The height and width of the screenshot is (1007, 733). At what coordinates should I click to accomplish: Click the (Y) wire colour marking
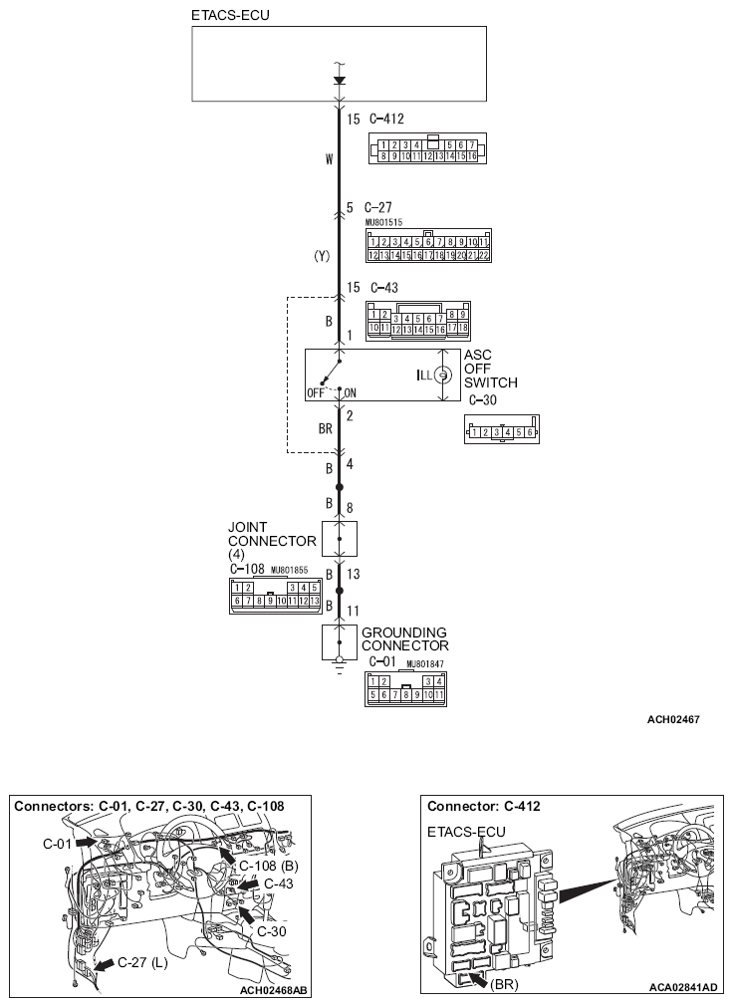point(322,255)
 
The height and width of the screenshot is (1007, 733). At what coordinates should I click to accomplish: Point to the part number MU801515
point(384,223)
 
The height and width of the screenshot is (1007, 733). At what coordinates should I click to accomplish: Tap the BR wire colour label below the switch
point(325,429)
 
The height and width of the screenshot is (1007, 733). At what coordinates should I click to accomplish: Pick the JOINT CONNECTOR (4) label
point(272,541)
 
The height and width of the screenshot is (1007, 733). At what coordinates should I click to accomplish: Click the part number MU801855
point(292,571)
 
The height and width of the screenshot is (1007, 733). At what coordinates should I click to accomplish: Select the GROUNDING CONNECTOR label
point(404,638)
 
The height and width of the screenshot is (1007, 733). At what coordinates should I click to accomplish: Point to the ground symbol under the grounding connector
point(340,664)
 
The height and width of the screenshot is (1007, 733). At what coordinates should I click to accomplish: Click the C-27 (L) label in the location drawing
point(142,962)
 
